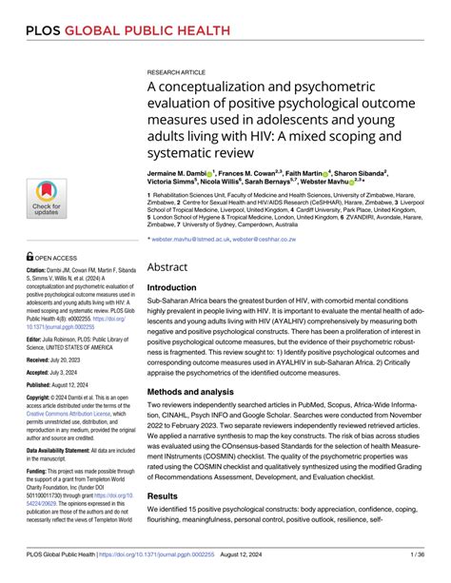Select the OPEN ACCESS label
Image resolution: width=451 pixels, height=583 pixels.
[x=57, y=257]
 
